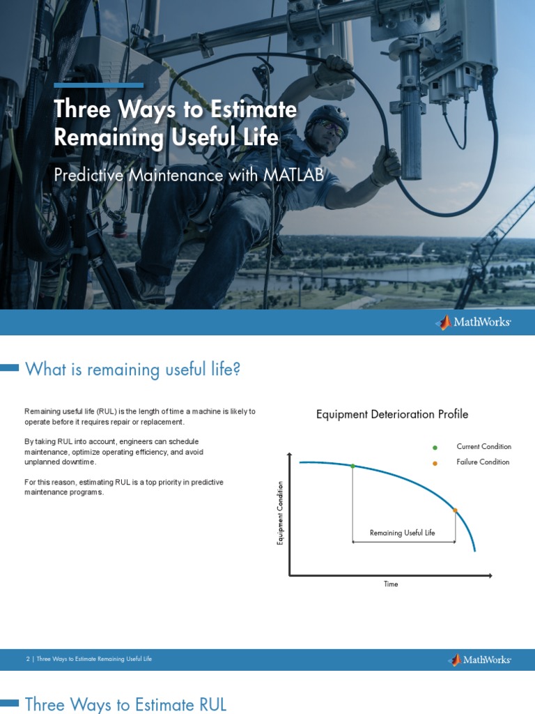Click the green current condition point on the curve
point(352,466)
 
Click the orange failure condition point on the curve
point(455,511)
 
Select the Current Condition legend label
point(483,446)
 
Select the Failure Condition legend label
point(483,462)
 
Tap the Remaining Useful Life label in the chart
point(402,533)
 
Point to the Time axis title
point(391,584)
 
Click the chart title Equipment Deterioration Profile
point(392,414)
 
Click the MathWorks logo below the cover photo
point(474,322)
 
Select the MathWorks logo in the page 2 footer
point(479,660)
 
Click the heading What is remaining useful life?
point(132,369)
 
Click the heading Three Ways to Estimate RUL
point(125,704)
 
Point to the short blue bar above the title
point(99,86)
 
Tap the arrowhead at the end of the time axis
point(490,575)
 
